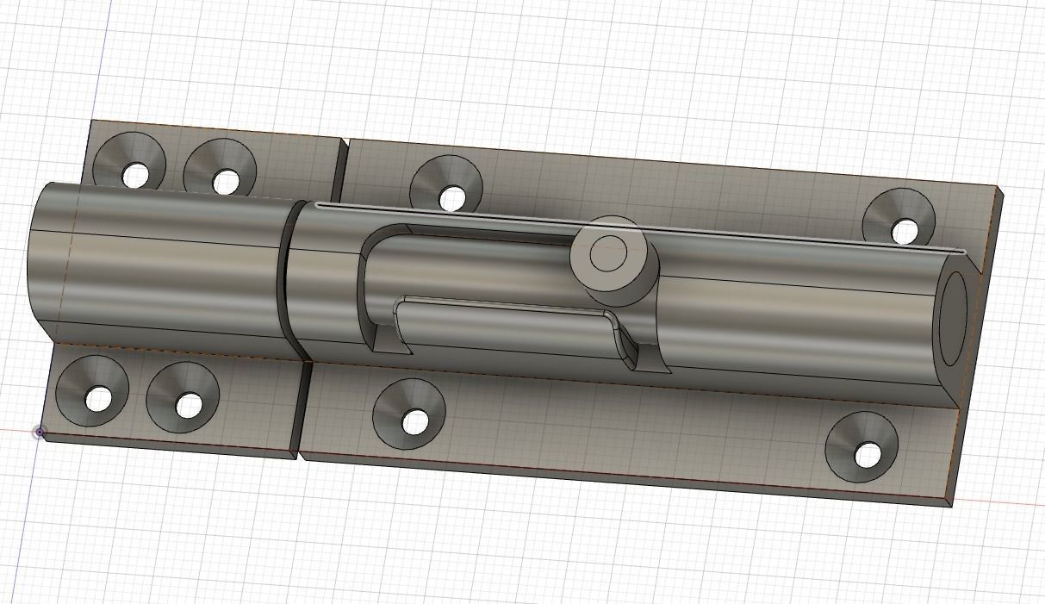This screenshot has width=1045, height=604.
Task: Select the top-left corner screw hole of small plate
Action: coord(134,175)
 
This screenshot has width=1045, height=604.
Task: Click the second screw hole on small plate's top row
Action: coord(225,181)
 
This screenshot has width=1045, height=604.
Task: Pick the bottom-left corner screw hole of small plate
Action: coord(99,399)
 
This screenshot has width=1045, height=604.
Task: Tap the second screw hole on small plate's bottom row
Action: coord(189,404)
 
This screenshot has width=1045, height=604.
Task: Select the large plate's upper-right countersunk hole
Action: coord(904,231)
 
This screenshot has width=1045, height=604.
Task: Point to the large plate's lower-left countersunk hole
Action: coord(415,421)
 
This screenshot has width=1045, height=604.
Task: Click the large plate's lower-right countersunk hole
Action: coord(868,454)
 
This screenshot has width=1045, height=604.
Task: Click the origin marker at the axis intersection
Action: coord(40,433)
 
